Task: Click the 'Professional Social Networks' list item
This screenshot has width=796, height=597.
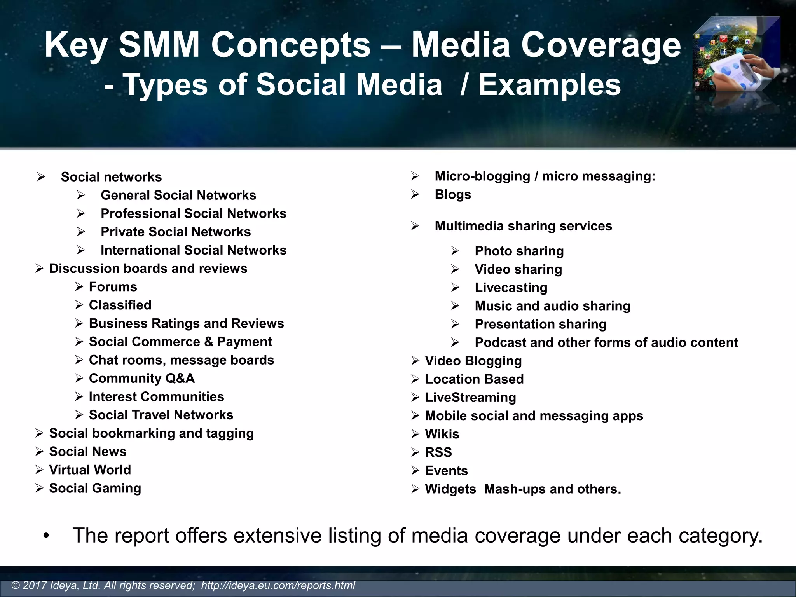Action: (193, 213)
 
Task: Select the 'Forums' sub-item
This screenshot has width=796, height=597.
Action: (113, 287)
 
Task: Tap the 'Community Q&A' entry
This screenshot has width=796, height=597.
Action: (141, 378)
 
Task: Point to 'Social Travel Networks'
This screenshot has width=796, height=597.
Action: (161, 415)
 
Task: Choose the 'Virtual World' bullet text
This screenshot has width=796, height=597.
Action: (90, 470)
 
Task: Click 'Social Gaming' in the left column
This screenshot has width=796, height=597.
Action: (95, 488)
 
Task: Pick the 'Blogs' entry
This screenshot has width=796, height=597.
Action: (453, 194)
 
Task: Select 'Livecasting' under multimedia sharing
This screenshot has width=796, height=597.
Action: (511, 288)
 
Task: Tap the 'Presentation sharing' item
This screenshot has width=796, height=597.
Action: (540, 324)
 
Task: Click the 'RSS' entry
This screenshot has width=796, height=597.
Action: (438, 452)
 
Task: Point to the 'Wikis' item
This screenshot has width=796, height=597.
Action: (442, 434)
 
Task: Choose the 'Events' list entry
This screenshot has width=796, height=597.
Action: (446, 471)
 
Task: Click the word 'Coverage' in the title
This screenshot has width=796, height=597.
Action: (600, 45)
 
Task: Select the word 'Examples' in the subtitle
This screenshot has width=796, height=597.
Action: (549, 85)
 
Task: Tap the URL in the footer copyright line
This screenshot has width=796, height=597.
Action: (278, 586)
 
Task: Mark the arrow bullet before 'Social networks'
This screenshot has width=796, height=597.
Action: (41, 177)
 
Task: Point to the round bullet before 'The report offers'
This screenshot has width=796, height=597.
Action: (46, 536)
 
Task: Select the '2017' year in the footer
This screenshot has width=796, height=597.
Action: (35, 586)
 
